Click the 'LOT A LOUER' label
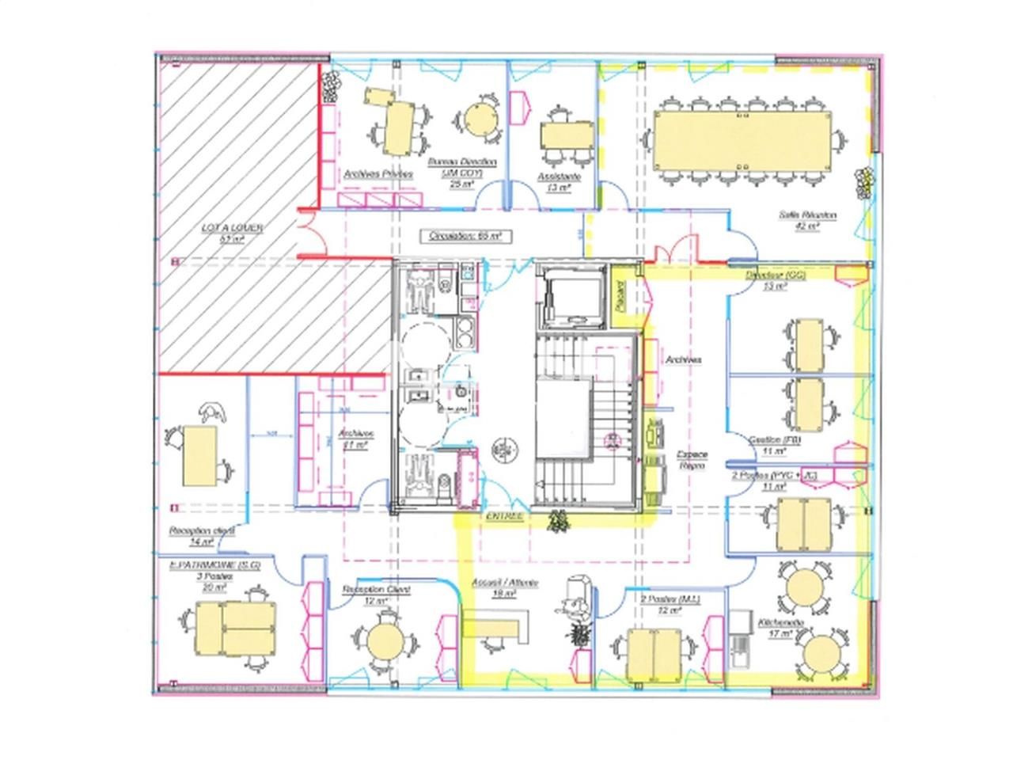pyautogui.click(x=232, y=228)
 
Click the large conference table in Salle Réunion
pyautogui.click(x=742, y=140)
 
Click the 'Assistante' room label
pyautogui.click(x=559, y=177)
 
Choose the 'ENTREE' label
pyautogui.click(x=504, y=516)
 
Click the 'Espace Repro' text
pyautogui.click(x=691, y=460)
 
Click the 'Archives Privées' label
pyautogui.click(x=378, y=173)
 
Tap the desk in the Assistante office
pyautogui.click(x=566, y=135)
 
